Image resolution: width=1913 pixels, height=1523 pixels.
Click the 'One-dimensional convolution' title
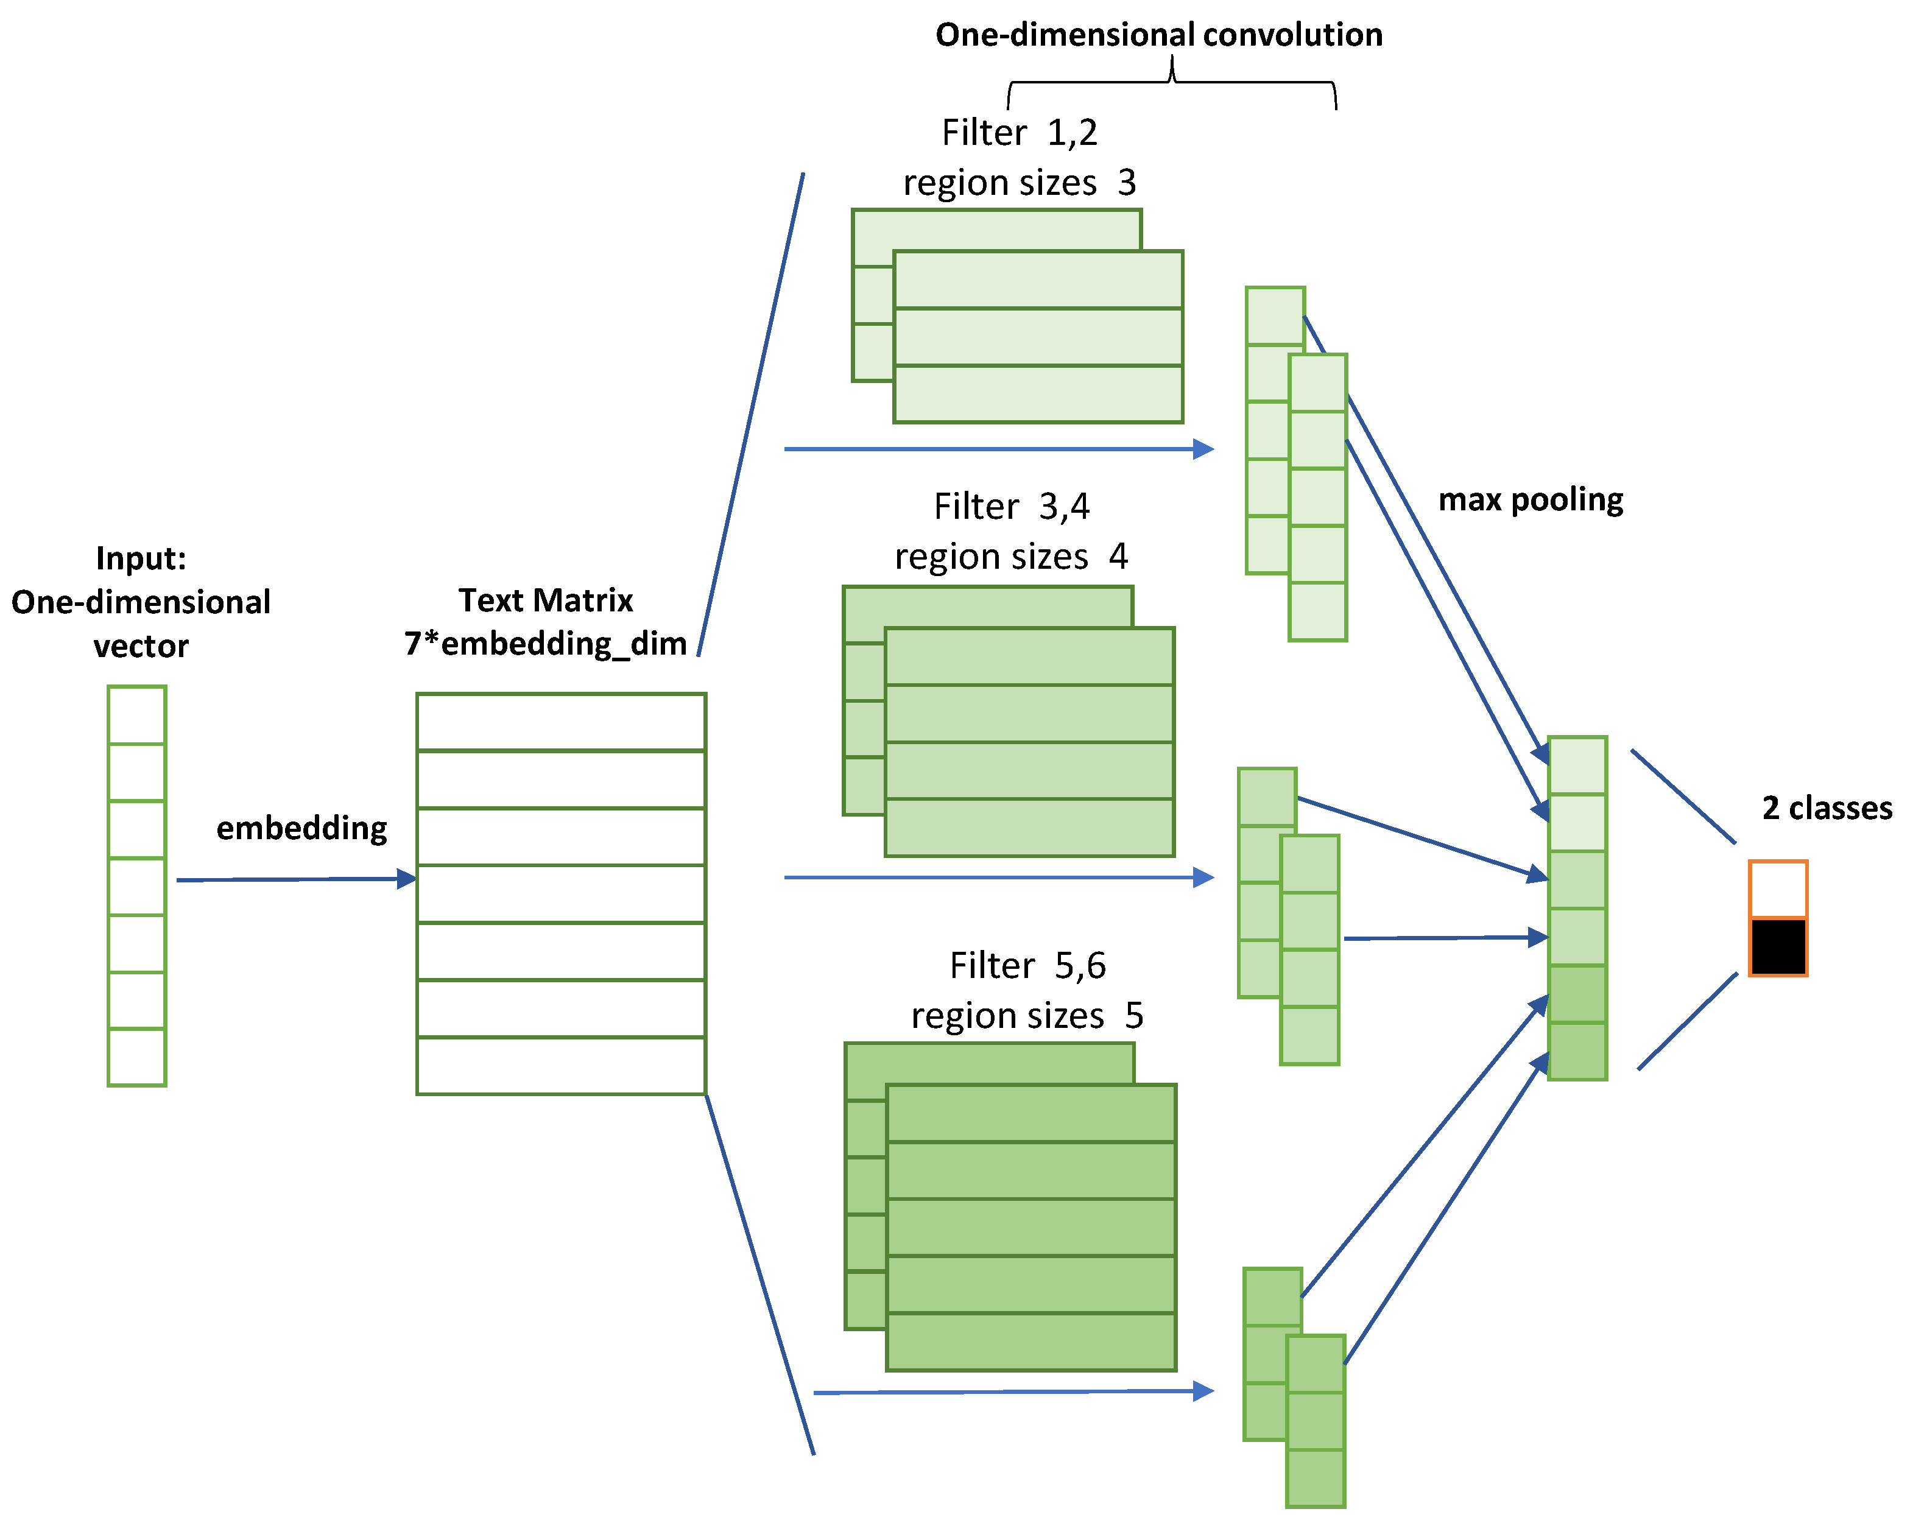(1159, 35)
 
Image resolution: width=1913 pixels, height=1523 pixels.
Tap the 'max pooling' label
(1531, 499)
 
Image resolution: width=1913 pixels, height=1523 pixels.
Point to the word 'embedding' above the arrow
(301, 828)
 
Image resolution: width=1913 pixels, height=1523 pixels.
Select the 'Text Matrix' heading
(546, 600)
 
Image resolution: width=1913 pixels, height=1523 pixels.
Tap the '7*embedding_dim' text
(546, 643)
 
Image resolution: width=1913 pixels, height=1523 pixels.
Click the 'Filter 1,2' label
(1020, 133)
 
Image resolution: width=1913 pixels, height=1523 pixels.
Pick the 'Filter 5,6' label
(1027, 965)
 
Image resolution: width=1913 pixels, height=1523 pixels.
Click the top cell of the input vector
(136, 715)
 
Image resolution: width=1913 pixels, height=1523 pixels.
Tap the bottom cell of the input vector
(136, 1057)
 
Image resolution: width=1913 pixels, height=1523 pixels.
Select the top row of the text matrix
(561, 722)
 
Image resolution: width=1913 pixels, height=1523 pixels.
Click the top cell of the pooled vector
(1577, 765)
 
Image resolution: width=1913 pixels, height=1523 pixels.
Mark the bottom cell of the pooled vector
(1577, 1051)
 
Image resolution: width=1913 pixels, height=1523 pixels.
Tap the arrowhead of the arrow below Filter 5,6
(1204, 1391)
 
